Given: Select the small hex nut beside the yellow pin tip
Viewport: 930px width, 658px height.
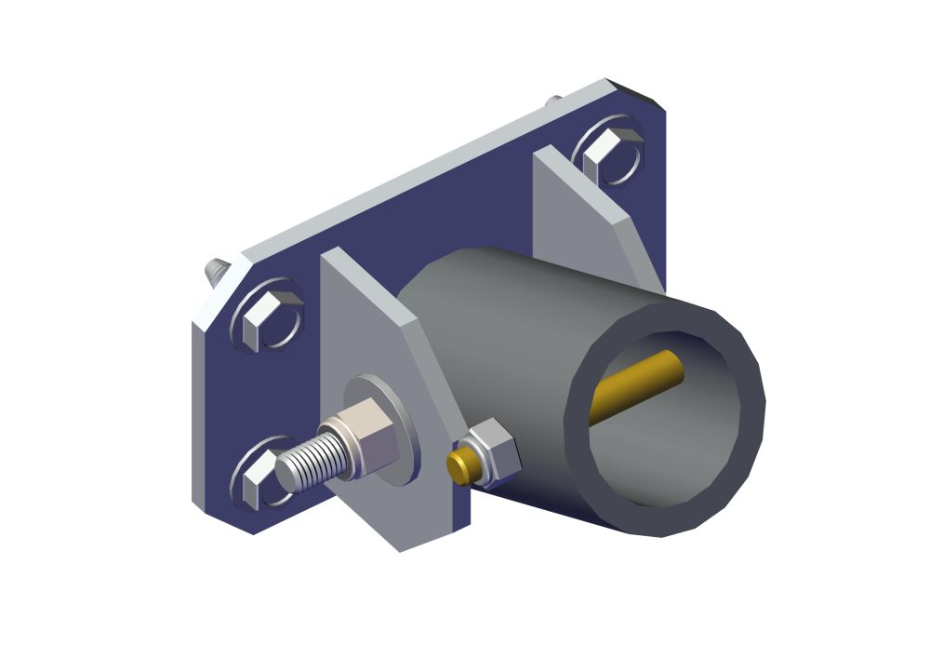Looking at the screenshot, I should point(491,450).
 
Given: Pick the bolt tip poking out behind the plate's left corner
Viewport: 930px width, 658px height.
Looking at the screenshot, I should point(215,271).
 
